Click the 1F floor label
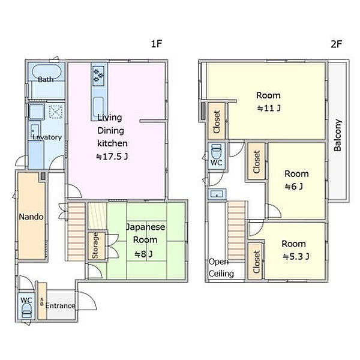157,44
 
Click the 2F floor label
337,44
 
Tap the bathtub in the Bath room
47,72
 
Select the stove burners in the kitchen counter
99,74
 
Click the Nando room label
31,217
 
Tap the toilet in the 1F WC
26,311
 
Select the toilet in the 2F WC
216,151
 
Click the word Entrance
60,305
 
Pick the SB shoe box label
42,302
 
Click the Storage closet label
95,245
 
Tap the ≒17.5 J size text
112,157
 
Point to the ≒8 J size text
143,254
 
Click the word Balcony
337,136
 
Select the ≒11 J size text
269,108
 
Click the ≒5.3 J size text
296,256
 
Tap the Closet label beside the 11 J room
217,122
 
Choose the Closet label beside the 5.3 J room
256,262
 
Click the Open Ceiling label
221,268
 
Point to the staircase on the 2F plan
236,231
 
